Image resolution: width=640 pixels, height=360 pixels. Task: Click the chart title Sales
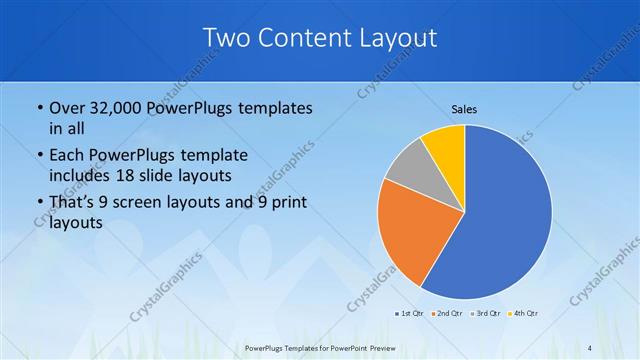point(464,108)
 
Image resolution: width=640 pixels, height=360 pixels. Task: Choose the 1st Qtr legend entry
point(408,314)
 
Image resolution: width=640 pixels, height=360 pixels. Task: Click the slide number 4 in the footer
point(590,347)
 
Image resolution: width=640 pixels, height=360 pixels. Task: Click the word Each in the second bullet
point(67,155)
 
